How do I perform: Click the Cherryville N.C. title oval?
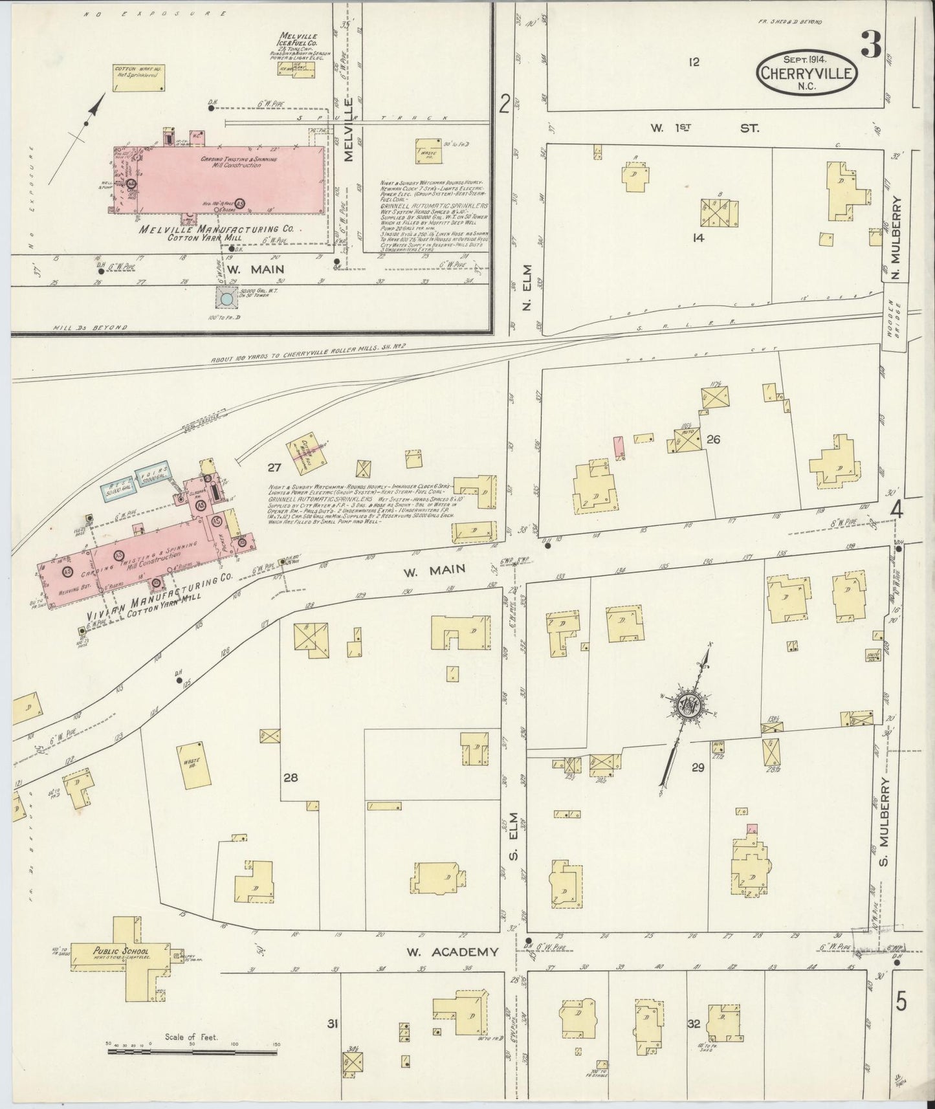pos(807,72)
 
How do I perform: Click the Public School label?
pos(96,951)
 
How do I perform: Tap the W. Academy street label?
pos(453,952)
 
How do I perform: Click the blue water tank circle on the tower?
pos(226,300)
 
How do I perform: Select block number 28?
pos(290,778)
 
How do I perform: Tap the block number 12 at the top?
pos(694,62)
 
